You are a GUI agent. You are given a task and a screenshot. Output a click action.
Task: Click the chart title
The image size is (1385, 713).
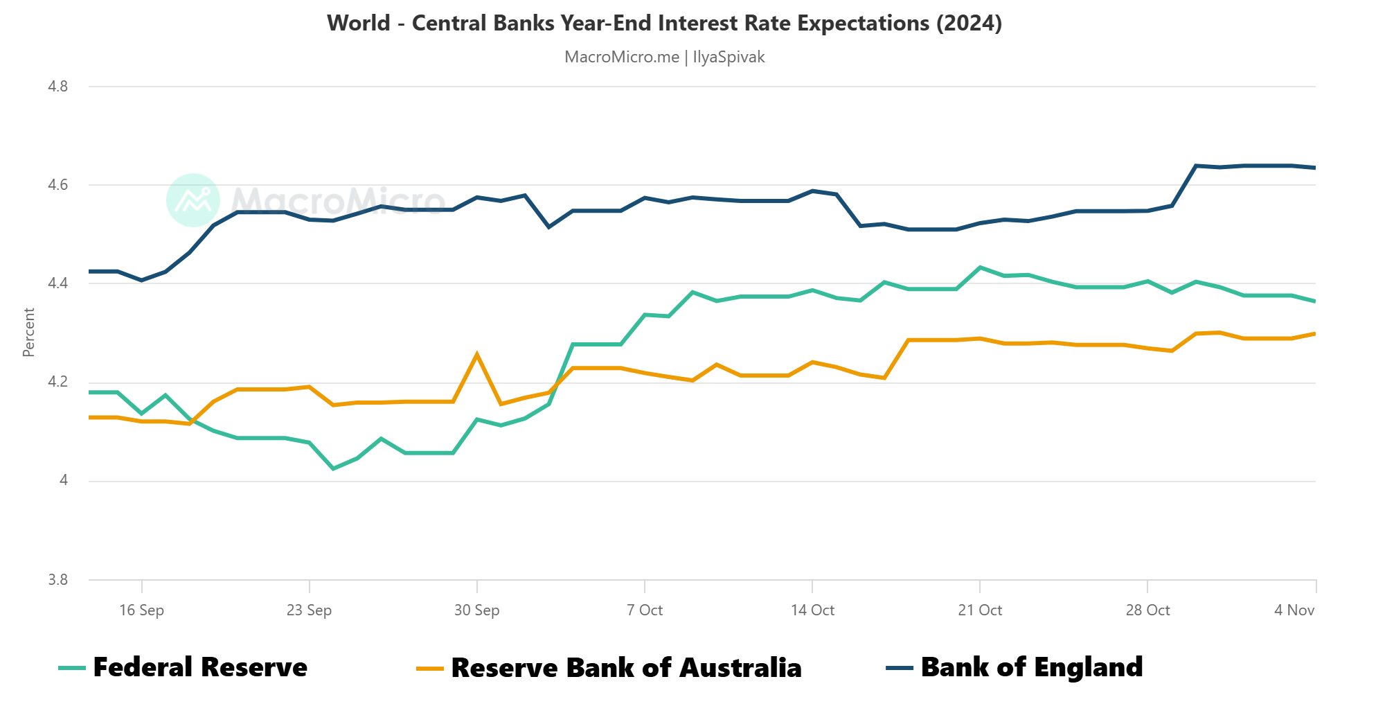click(664, 24)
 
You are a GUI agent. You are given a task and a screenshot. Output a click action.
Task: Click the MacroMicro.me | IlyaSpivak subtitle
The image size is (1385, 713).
click(664, 57)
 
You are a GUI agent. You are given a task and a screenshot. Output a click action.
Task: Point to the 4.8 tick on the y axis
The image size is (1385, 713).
click(58, 87)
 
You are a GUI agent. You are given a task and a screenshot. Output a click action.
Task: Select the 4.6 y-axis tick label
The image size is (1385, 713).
click(58, 185)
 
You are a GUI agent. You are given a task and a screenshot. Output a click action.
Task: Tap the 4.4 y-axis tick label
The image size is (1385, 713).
click(58, 283)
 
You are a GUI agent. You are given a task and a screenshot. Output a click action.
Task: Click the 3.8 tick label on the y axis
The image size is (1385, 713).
click(58, 580)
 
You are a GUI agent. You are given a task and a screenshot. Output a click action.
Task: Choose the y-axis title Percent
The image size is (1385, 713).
click(28, 333)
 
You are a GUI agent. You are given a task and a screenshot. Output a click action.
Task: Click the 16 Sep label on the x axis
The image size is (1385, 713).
click(141, 610)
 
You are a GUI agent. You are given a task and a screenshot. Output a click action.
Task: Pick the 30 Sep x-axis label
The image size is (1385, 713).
click(476, 610)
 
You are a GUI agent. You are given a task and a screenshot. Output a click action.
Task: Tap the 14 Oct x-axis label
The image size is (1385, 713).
click(812, 610)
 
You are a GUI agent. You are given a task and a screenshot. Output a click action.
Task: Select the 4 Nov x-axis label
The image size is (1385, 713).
click(1294, 610)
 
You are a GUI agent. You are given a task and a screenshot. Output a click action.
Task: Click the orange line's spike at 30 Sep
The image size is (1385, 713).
click(476, 354)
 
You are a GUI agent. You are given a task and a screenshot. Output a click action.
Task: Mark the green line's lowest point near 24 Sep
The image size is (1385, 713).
click(333, 469)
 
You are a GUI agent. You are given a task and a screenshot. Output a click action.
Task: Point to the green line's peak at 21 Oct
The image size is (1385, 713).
click(980, 267)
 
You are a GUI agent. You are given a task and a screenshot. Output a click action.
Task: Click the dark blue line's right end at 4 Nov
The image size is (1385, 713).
click(1314, 168)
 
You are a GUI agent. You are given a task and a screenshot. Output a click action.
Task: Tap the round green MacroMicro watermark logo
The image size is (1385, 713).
click(193, 200)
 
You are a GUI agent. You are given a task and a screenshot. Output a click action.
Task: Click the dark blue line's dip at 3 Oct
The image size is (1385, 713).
click(548, 227)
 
